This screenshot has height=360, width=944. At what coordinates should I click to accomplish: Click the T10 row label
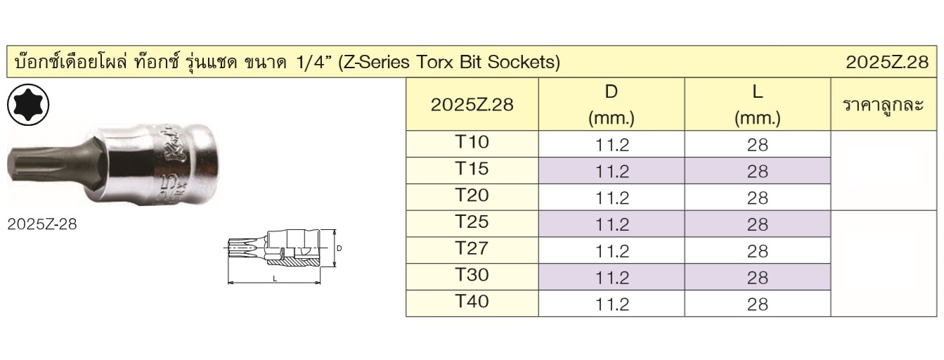[472, 142]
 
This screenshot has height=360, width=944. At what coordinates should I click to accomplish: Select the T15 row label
[472, 169]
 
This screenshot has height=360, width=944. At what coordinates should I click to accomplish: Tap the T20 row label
[472, 195]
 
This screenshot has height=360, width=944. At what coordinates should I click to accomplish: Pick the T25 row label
[472, 221]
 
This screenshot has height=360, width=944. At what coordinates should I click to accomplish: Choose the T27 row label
[472, 248]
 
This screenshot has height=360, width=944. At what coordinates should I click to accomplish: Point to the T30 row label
[472, 275]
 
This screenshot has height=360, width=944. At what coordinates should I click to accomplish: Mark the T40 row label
[472, 302]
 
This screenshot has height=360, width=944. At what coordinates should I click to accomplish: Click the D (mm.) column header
[612, 105]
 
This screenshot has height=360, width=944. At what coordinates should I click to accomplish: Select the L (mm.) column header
[757, 105]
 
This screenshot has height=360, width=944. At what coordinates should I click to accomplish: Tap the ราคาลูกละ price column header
[884, 105]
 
